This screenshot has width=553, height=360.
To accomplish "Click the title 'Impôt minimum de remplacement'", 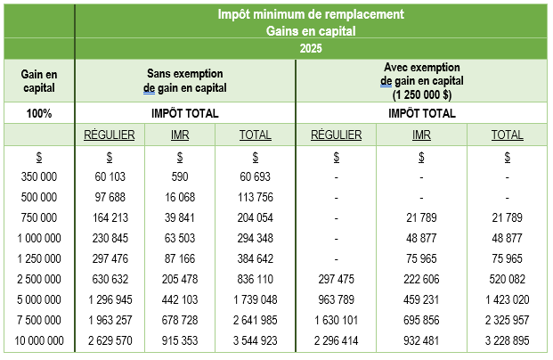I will (x=311, y=14).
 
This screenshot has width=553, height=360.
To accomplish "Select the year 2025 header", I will (x=311, y=47).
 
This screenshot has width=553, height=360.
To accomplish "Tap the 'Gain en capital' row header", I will (x=38, y=80).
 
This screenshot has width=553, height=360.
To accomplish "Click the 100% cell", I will (x=38, y=114).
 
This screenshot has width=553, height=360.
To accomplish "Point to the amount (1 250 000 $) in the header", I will (x=422, y=94).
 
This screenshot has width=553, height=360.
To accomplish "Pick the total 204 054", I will (x=256, y=217).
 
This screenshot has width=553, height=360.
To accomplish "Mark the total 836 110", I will (x=256, y=278).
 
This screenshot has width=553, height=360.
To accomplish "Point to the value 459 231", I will (x=422, y=299).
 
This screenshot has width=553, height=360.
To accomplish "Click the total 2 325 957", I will (x=507, y=319).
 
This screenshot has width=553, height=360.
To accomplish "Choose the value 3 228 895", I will (x=507, y=340).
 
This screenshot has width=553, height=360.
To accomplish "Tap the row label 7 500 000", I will (x=38, y=319).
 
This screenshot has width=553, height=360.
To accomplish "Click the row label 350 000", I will (x=38, y=176).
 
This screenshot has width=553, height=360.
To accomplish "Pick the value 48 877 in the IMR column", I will (x=422, y=237).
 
